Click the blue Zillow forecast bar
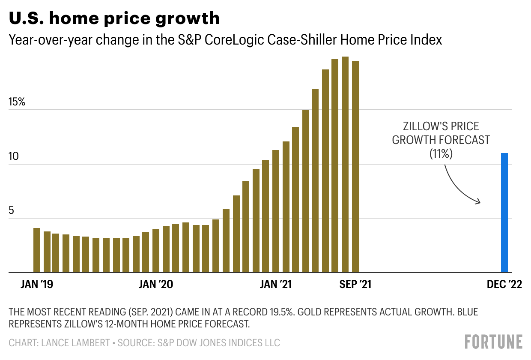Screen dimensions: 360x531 click(504, 213)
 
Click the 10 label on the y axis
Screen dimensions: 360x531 click(14, 156)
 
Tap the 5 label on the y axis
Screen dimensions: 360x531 click(12, 210)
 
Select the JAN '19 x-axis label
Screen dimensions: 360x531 click(36, 285)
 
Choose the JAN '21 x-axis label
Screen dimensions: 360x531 click(275, 285)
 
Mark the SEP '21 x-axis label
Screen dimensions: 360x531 click(355, 285)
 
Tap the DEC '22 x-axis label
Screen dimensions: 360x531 click(504, 285)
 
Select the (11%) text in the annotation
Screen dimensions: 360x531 click(441, 154)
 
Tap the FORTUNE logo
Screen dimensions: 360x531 click(494, 342)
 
